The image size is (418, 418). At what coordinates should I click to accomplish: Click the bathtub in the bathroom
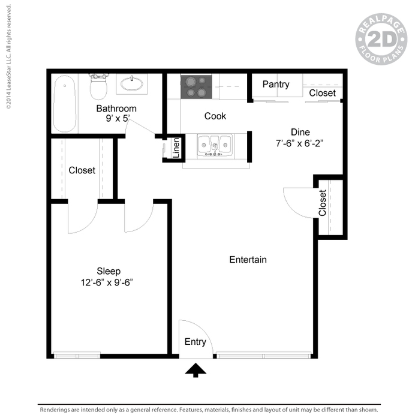click(x=65, y=104)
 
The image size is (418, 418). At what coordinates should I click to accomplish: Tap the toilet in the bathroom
click(x=98, y=86)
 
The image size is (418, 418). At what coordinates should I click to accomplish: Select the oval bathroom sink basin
click(x=132, y=84)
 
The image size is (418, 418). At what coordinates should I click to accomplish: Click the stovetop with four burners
click(x=196, y=87)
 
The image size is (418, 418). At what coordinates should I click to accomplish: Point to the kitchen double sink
click(x=215, y=145)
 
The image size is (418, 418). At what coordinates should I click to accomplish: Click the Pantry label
click(x=276, y=85)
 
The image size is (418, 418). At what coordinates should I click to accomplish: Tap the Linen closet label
click(x=176, y=148)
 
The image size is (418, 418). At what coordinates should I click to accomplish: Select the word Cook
click(x=215, y=116)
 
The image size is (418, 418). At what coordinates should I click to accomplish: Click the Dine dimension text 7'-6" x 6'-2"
click(x=299, y=143)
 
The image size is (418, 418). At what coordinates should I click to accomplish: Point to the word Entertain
click(x=248, y=260)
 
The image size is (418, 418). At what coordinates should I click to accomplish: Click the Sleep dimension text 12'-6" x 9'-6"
click(x=107, y=282)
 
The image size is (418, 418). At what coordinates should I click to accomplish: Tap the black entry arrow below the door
click(x=196, y=370)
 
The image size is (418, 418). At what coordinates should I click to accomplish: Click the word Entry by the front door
click(x=196, y=342)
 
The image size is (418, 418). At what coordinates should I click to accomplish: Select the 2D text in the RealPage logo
click(x=382, y=39)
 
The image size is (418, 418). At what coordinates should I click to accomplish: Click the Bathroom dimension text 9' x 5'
click(x=118, y=118)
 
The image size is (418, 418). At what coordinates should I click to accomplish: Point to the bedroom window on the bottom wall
click(x=77, y=356)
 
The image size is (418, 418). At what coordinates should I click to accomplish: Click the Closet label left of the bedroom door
click(x=82, y=170)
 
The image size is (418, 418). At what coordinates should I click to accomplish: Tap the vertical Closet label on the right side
click(x=323, y=203)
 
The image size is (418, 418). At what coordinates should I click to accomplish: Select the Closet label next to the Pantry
click(x=322, y=93)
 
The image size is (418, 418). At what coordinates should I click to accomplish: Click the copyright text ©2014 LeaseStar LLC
click(x=9, y=56)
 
